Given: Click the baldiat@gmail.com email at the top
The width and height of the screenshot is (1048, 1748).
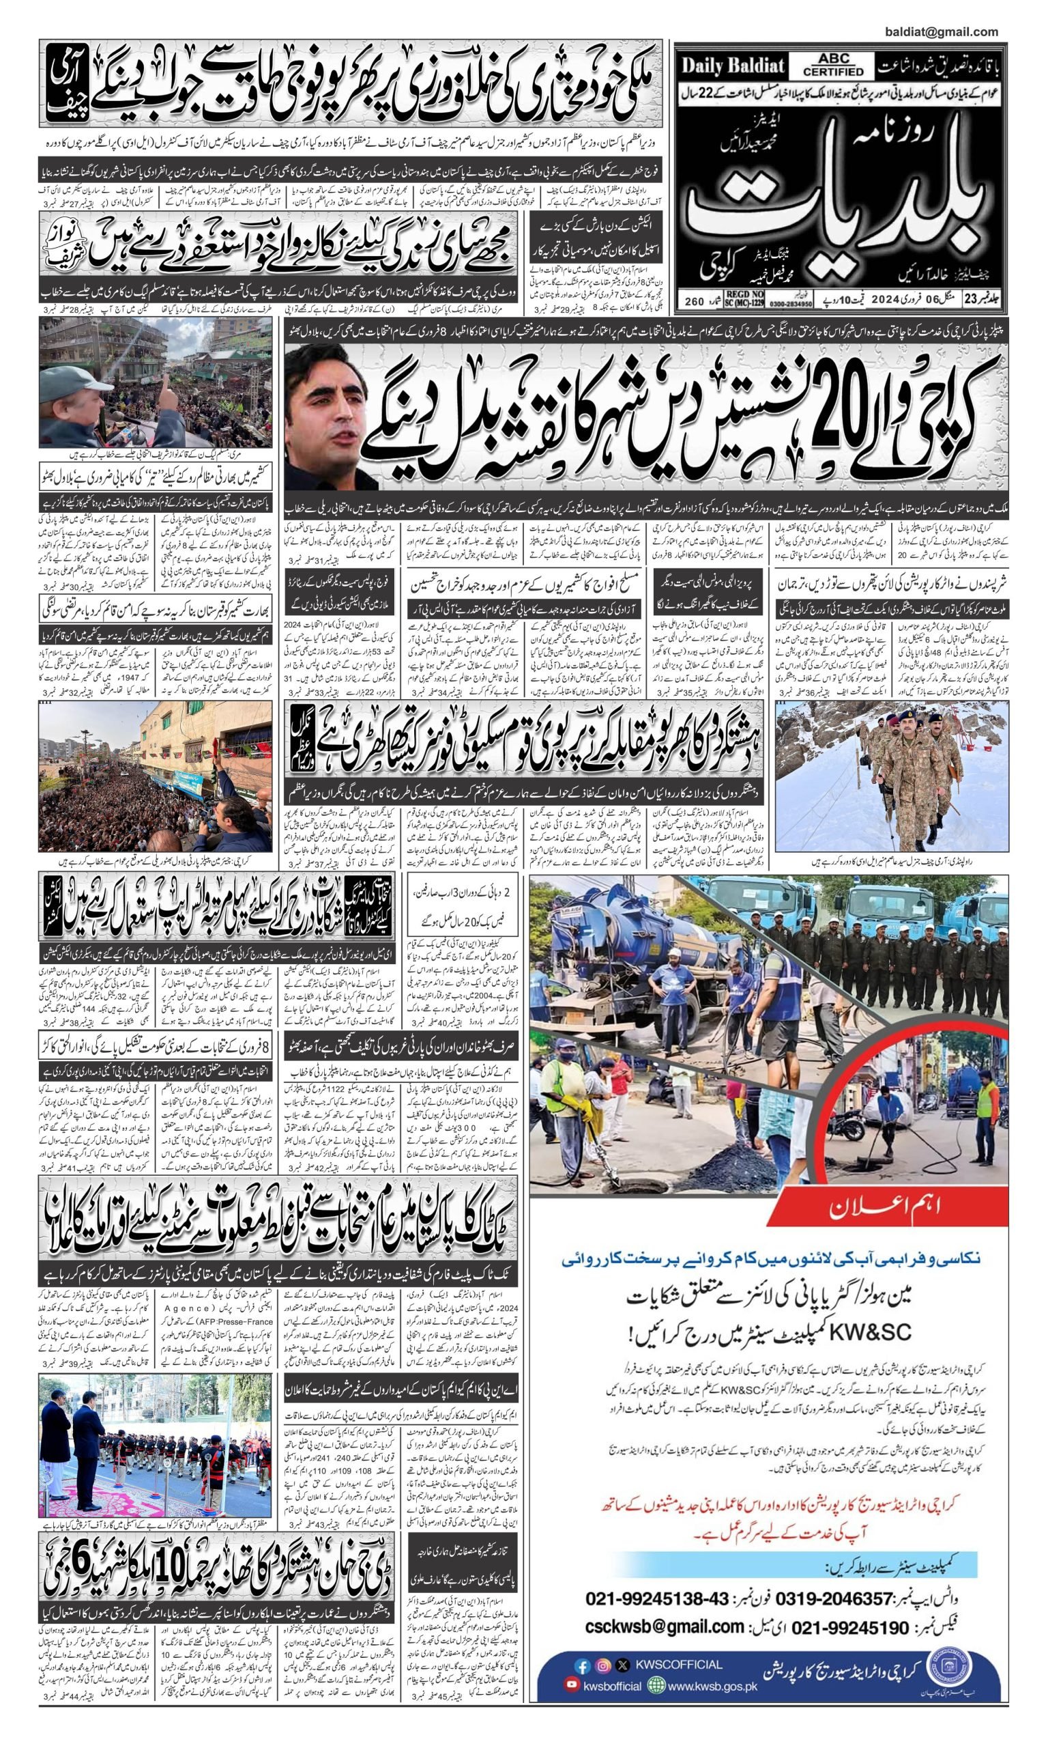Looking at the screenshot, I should click(x=941, y=32).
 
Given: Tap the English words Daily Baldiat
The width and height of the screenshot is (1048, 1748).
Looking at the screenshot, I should click(x=732, y=66).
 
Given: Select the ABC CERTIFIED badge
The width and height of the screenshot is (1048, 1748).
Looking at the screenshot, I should click(x=832, y=66).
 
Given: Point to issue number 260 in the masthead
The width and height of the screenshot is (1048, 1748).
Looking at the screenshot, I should click(x=694, y=302).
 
